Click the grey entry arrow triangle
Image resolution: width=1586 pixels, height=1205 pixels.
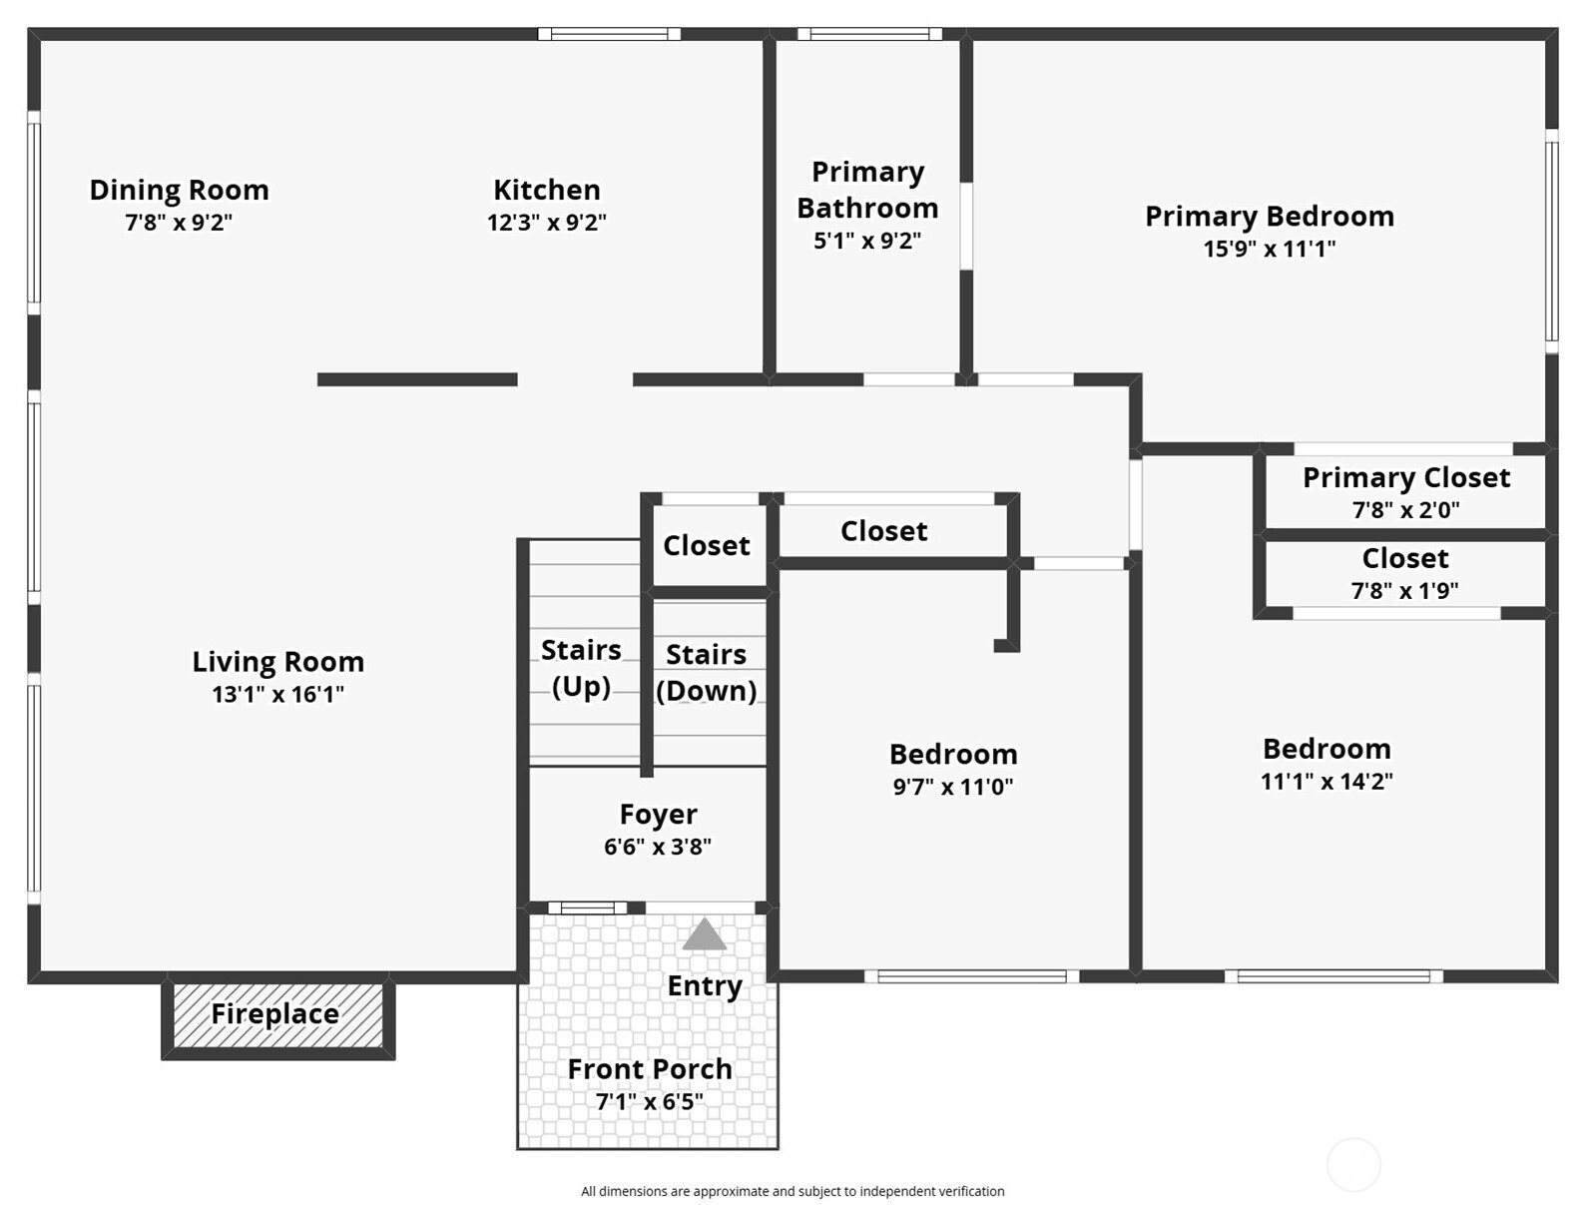704,934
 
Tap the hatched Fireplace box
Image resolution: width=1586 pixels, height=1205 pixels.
278,1015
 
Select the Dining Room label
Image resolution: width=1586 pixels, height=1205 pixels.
180,190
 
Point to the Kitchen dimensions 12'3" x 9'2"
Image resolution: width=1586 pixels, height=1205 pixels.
547,222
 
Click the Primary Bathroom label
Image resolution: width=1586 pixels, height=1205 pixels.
867,190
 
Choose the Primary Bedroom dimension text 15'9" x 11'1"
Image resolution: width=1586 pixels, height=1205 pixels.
1270,249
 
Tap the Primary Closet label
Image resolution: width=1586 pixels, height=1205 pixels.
1406,477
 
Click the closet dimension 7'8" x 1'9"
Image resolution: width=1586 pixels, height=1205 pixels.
1404,591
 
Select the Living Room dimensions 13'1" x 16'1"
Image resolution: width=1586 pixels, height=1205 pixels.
278,694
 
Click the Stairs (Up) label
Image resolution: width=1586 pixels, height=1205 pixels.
582,668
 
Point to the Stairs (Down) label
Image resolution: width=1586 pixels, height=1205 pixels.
706,673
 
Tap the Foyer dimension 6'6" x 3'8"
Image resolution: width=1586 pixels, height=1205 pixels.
658,846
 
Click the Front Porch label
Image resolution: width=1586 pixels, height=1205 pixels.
650,1069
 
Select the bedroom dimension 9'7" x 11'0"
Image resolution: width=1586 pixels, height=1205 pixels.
953,786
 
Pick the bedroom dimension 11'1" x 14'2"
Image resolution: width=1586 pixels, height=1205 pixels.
1326,781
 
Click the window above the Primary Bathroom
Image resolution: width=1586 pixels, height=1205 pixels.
869,34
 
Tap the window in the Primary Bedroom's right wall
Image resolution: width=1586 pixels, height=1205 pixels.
1551,242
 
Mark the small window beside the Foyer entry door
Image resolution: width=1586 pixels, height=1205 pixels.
587,908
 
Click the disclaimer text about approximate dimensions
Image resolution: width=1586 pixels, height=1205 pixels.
793,1191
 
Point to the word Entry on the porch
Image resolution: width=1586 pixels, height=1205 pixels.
705,986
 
